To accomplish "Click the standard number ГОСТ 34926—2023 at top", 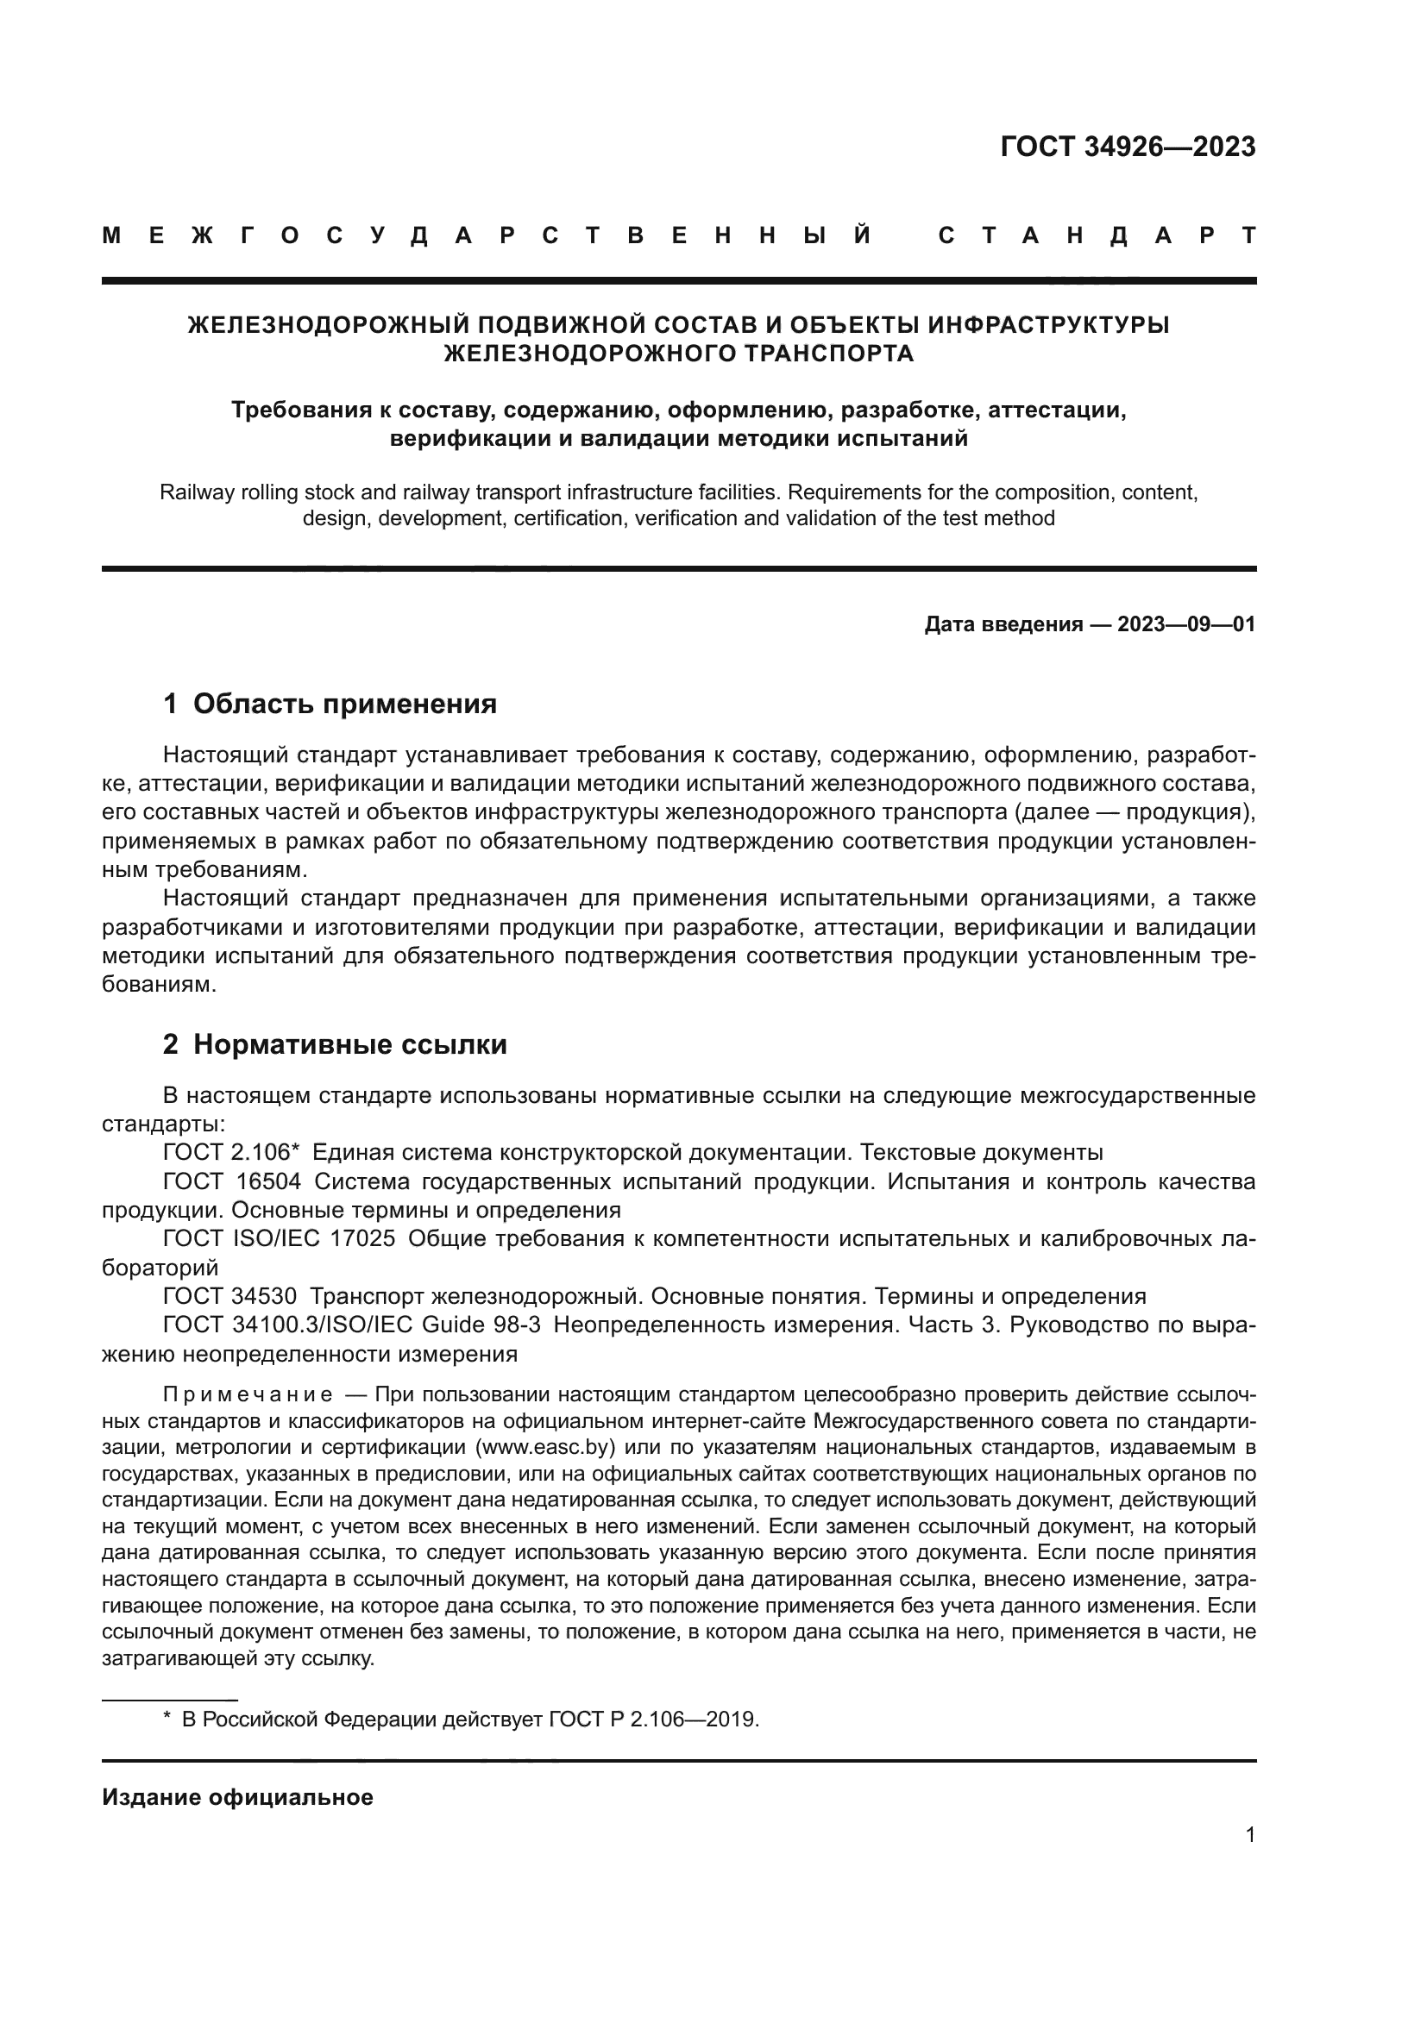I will [x=1128, y=147].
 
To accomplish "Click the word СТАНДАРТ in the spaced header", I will [x=1097, y=235].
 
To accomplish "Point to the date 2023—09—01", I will [x=1185, y=624].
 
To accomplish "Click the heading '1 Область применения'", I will [x=330, y=704].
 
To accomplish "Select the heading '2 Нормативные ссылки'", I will [x=335, y=1044].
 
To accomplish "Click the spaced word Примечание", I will [x=247, y=1395].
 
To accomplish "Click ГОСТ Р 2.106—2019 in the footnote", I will [x=653, y=1719].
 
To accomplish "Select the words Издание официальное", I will [x=237, y=1797].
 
